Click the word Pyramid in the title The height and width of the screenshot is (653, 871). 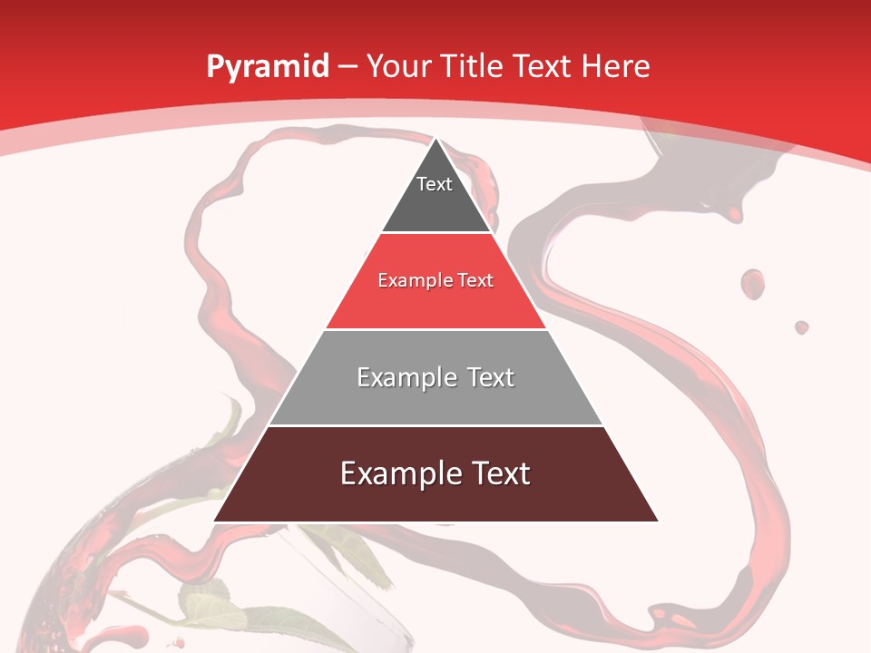pos(267,67)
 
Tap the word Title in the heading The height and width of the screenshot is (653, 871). pos(472,66)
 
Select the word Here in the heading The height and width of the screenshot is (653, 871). pos(615,66)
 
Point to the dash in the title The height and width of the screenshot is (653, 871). pos(348,67)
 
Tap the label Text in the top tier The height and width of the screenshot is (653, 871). pos(435,184)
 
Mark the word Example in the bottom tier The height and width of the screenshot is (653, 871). pos(395,473)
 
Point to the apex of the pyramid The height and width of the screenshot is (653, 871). pos(436,139)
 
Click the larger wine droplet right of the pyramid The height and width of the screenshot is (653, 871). pos(752,283)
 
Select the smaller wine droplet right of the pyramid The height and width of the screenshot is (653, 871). pos(801,326)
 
